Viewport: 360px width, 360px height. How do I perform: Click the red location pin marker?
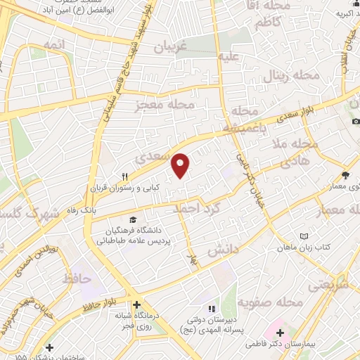coord(181,165)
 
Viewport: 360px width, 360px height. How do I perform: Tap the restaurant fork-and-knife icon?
coord(125,176)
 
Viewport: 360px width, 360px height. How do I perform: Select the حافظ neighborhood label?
coord(78,279)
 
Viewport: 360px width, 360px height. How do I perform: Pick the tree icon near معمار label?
coord(345,176)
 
